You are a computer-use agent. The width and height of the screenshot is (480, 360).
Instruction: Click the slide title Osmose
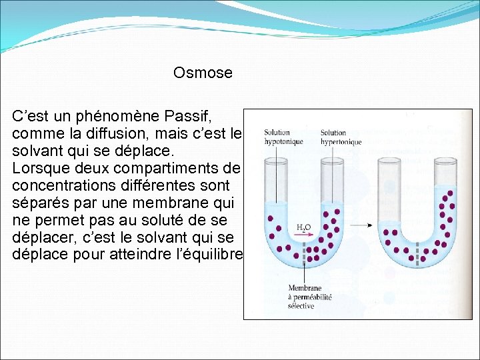pos(203,73)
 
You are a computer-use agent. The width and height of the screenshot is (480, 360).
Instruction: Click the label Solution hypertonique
pos(341,137)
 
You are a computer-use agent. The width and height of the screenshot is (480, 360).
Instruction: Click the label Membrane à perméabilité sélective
pos(309,297)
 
